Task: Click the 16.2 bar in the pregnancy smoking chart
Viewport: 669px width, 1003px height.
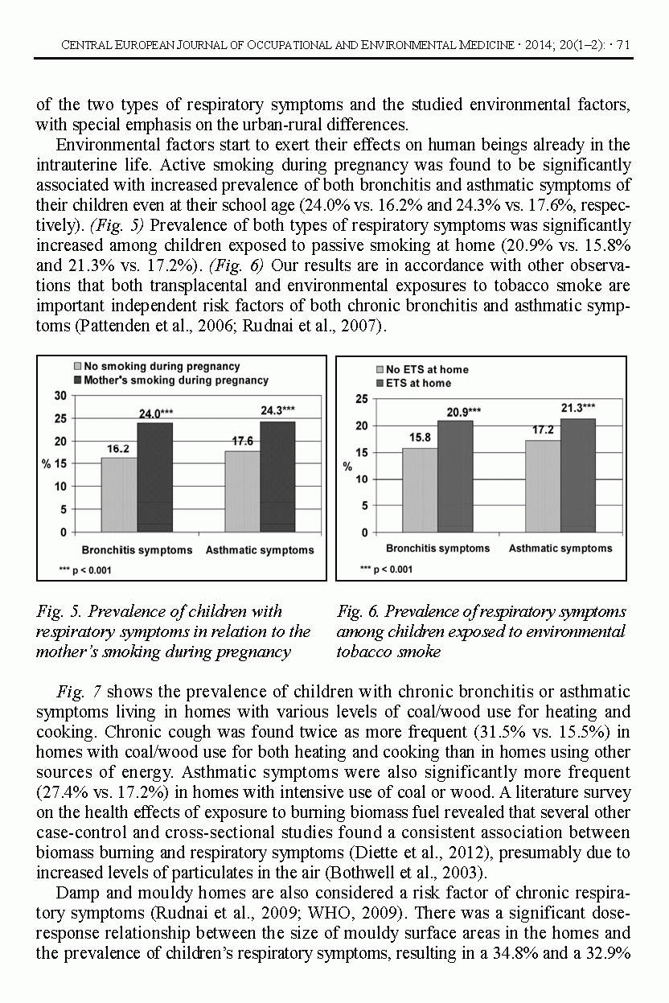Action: click(x=119, y=494)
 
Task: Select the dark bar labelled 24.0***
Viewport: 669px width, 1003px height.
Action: click(x=154, y=477)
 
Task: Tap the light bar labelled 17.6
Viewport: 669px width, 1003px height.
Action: click(x=243, y=491)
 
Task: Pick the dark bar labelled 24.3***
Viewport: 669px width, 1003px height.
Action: click(x=277, y=476)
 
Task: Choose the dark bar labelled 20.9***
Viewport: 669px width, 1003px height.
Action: click(x=455, y=475)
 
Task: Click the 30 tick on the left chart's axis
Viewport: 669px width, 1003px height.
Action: click(x=60, y=396)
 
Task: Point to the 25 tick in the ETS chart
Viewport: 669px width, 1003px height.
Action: click(x=361, y=399)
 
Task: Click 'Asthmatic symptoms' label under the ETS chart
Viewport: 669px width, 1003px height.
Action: click(x=560, y=549)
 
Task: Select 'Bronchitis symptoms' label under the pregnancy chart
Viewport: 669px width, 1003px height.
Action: click(x=137, y=551)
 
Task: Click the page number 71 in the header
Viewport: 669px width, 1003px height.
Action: click(x=623, y=44)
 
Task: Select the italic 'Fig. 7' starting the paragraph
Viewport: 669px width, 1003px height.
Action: click(x=79, y=692)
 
